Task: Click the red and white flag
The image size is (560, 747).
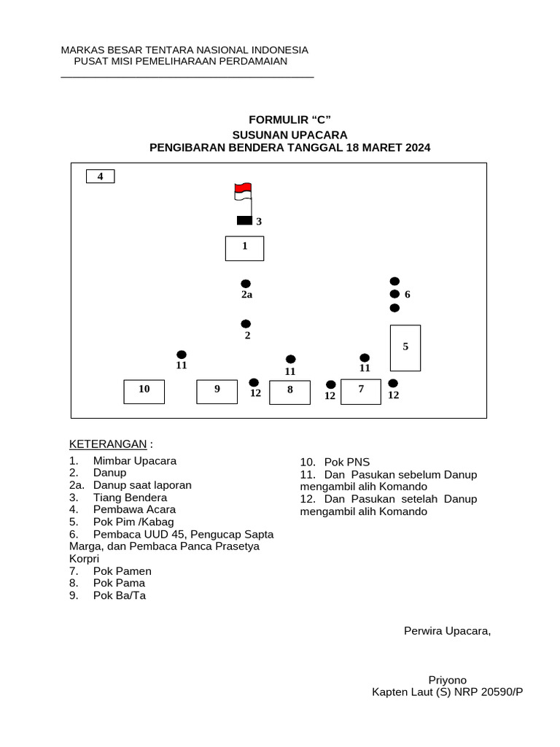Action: (243, 191)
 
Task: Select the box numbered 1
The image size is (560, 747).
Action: (244, 248)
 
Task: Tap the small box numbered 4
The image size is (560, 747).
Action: (101, 177)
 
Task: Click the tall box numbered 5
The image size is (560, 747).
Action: (405, 348)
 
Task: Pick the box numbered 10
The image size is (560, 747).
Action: (144, 391)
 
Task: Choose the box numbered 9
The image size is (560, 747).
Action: (217, 391)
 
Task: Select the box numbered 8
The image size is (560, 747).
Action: (289, 392)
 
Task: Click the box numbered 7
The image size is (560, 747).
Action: (361, 391)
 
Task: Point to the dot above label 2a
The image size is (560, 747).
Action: (246, 284)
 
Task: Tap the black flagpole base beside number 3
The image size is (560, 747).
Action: (244, 221)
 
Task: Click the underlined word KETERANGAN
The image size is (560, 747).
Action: (108, 445)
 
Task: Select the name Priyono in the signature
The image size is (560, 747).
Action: (447, 680)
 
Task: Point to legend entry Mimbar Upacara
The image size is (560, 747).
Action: (135, 461)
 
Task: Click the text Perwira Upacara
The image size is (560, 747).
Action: (447, 630)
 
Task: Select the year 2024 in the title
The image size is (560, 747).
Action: (417, 147)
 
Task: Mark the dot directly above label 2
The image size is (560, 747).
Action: (246, 324)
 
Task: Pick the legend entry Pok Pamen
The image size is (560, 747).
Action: (122, 571)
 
